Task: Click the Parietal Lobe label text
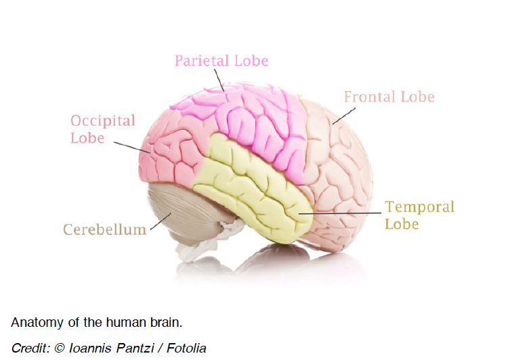221,61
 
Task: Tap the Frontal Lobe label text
389,97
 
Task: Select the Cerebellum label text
104,229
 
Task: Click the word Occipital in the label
103,121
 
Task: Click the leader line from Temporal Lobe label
339,213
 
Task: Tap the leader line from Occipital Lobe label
129,146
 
